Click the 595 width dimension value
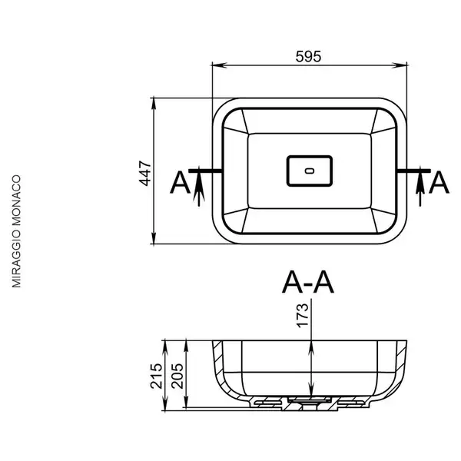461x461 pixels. [308, 57]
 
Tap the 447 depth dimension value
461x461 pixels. [145, 174]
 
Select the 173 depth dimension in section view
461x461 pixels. [303, 316]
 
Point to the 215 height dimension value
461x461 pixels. [156, 376]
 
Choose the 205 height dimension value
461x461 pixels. [177, 376]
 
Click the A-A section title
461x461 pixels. [308, 283]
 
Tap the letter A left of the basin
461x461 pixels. [181, 183]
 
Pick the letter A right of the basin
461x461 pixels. [439, 183]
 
